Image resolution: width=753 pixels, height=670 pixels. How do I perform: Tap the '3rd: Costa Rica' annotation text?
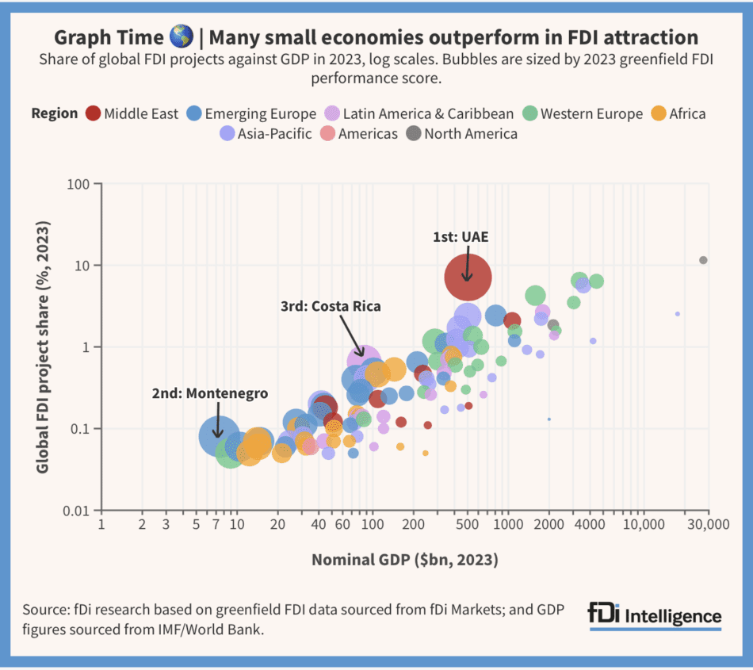click(331, 306)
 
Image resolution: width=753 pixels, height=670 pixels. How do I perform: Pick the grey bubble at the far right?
click(703, 260)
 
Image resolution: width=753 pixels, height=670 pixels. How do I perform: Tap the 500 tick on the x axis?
click(468, 525)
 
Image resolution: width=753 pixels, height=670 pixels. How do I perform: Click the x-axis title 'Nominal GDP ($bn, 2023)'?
click(404, 560)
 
